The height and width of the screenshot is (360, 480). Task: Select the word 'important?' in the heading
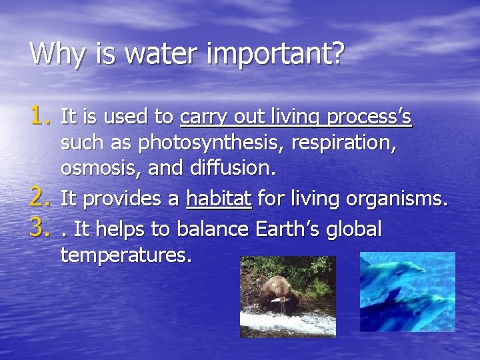pos(276,54)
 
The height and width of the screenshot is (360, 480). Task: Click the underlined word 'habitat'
pos(219,199)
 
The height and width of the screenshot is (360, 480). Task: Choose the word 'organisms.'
pos(400,199)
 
